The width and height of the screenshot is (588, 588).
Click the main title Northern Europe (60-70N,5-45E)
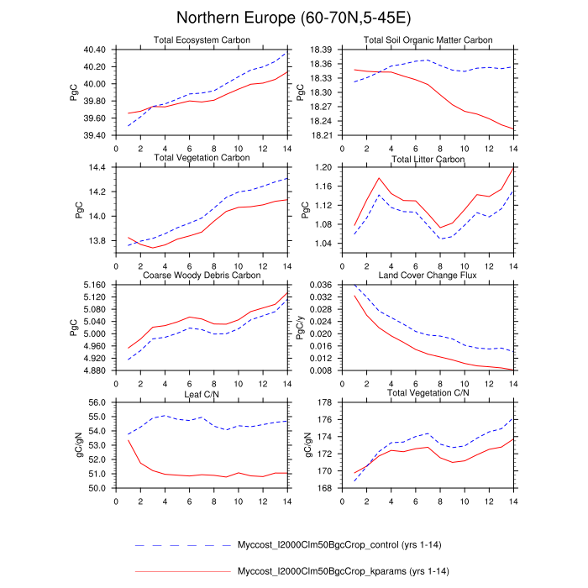pyautogui.click(x=293, y=18)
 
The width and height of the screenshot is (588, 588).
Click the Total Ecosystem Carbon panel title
pyautogui.click(x=199, y=40)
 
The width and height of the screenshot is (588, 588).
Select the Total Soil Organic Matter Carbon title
pyautogui.click(x=428, y=40)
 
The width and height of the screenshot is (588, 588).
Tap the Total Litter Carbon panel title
pyautogui.click(x=428, y=159)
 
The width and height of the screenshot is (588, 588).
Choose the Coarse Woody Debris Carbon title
pyautogui.click(x=202, y=275)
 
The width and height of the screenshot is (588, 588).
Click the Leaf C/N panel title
pyautogui.click(x=200, y=392)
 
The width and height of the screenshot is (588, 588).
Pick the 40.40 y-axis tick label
pyautogui.click(x=95, y=50)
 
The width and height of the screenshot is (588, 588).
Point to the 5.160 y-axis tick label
pyautogui.click(x=93, y=285)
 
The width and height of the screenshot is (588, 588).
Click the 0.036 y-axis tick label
pyautogui.click(x=320, y=285)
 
